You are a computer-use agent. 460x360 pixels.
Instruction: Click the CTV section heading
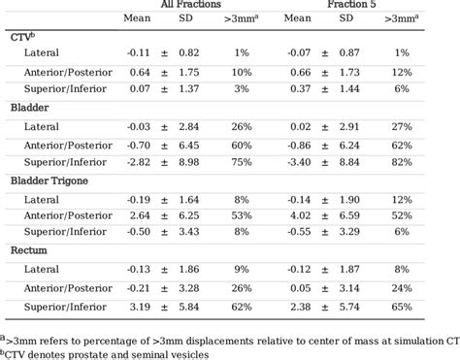pyautogui.click(x=22, y=36)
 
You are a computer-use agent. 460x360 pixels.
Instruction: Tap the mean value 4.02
pyautogui.click(x=300, y=214)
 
